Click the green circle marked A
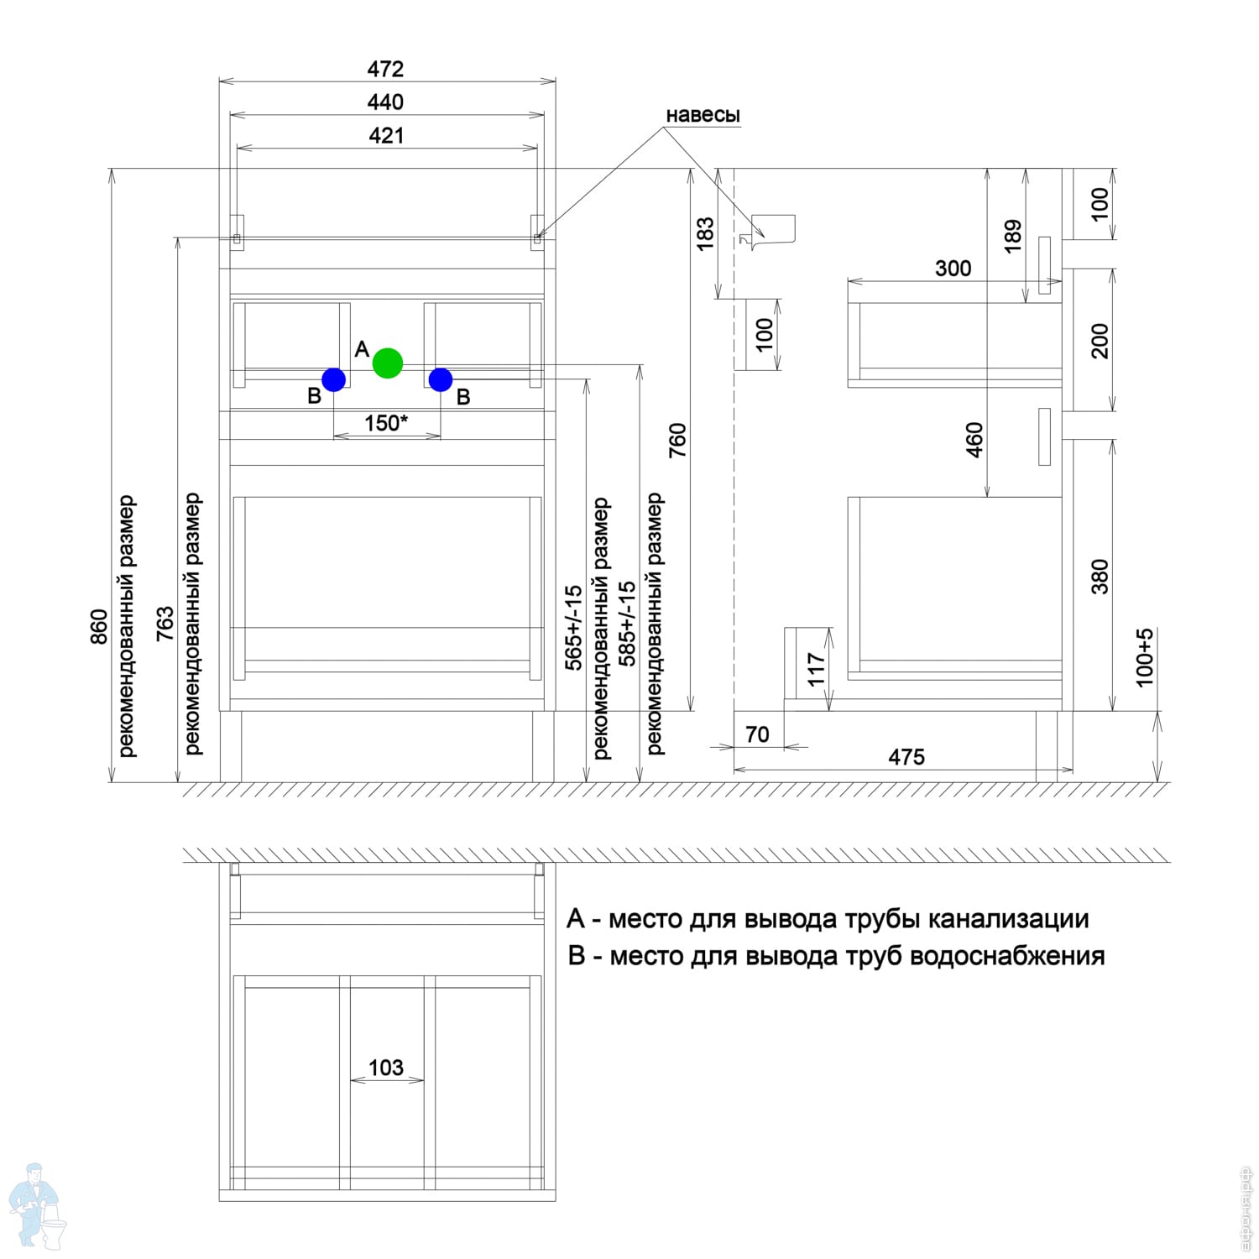pyautogui.click(x=388, y=363)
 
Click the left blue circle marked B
pyautogui.click(x=333, y=379)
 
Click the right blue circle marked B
pyautogui.click(x=441, y=379)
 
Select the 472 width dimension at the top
pyautogui.click(x=385, y=69)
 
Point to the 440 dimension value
pyautogui.click(x=385, y=102)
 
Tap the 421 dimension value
pyautogui.click(x=386, y=135)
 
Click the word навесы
pyautogui.click(x=703, y=115)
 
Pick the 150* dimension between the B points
pyautogui.click(x=386, y=422)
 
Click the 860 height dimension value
pyautogui.click(x=99, y=627)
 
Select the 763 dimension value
pyautogui.click(x=165, y=624)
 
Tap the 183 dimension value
pyautogui.click(x=705, y=233)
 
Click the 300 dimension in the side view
pyautogui.click(x=953, y=269)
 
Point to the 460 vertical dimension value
pyautogui.click(x=974, y=440)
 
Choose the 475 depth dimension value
pyautogui.click(x=906, y=757)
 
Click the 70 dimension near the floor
pyautogui.click(x=757, y=734)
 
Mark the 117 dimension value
pyautogui.click(x=817, y=670)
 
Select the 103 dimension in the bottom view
pyautogui.click(x=386, y=1068)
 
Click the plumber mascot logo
pyautogui.click(x=37, y=1206)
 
